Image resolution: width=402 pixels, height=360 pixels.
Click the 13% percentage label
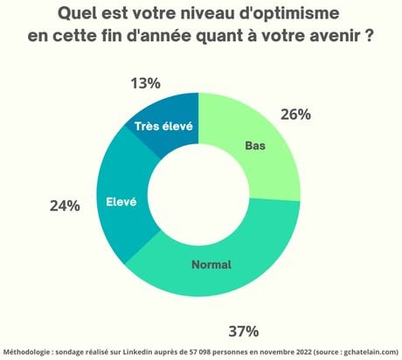click(x=146, y=83)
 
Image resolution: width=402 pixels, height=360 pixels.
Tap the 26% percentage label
click(x=295, y=114)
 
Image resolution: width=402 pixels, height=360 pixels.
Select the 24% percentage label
click(x=65, y=206)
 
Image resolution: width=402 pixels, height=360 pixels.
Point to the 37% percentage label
click(x=244, y=331)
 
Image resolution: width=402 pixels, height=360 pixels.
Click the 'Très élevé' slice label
click(x=163, y=127)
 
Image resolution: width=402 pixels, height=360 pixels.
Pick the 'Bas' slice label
click(x=255, y=146)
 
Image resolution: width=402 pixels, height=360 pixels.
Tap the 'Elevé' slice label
click(x=121, y=202)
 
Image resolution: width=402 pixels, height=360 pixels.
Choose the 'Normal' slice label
click(x=211, y=265)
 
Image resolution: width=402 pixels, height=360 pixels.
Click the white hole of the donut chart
click(x=198, y=194)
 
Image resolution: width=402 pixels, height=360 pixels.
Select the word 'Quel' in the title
click(x=76, y=13)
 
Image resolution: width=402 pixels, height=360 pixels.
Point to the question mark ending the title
click(x=369, y=36)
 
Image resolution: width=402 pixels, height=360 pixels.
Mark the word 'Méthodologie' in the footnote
click(x=26, y=352)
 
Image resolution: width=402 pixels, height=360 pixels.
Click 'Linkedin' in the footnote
click(x=137, y=352)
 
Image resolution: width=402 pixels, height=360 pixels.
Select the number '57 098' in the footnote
click(x=198, y=352)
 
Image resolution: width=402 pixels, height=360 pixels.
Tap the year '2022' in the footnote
click(x=304, y=352)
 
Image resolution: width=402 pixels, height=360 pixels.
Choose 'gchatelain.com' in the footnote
click(x=371, y=352)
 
